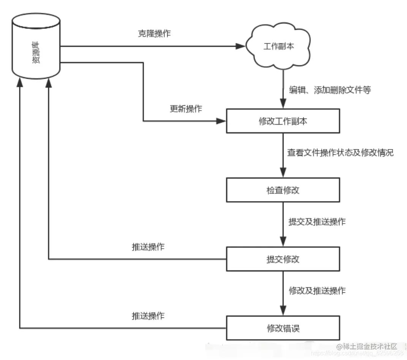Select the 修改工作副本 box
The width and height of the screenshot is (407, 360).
tap(283, 121)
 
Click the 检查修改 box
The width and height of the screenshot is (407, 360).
tap(283, 190)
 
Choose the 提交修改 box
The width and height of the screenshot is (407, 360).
tap(283, 259)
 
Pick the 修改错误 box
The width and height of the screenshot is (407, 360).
tap(283, 328)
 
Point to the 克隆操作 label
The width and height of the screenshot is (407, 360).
tap(154, 33)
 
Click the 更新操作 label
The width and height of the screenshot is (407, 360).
tap(186, 109)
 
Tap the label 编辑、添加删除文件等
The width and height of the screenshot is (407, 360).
tap(330, 90)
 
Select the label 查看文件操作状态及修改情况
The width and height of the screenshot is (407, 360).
tap(340, 153)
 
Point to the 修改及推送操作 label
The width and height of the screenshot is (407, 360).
tap(317, 291)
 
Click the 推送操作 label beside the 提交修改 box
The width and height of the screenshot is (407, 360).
tap(148, 246)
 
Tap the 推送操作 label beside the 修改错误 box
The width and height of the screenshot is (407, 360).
tap(148, 316)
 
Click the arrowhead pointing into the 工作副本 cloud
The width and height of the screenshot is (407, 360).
tap(240, 46)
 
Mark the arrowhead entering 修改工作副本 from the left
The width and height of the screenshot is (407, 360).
tap(221, 121)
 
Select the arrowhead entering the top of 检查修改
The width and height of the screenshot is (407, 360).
tap(283, 174)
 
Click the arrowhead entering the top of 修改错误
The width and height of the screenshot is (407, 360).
tap(283, 311)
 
